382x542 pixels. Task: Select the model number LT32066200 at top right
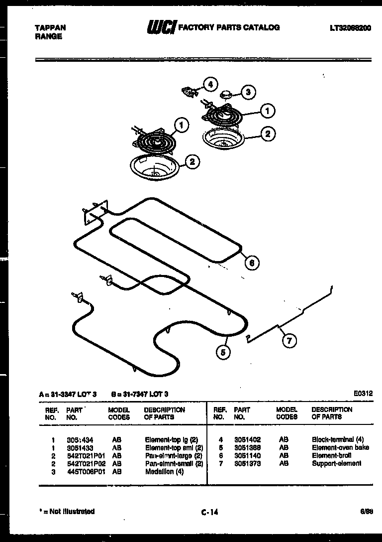click(350, 28)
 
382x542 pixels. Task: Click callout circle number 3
click(248, 92)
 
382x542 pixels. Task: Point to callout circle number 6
click(252, 263)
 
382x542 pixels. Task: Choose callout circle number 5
click(223, 352)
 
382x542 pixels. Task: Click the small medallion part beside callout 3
click(227, 93)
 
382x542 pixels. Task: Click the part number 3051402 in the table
click(247, 440)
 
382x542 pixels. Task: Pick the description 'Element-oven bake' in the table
click(340, 448)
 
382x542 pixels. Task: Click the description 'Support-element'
click(336, 464)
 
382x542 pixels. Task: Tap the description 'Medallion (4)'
click(164, 472)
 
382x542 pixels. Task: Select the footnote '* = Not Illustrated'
click(67, 511)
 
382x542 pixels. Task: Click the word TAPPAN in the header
click(50, 28)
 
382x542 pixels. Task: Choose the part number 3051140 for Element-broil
click(247, 456)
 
